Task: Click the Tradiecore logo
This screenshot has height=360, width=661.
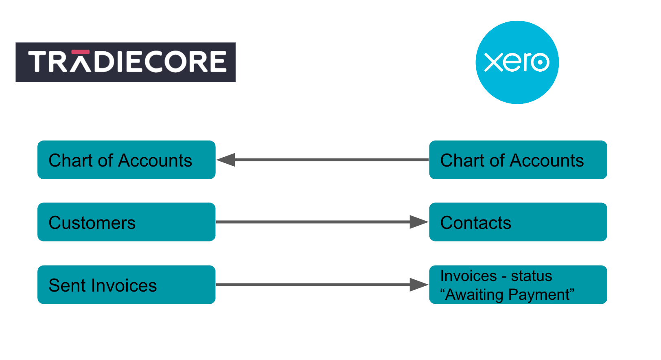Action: tap(125, 62)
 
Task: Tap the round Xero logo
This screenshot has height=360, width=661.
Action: tap(517, 62)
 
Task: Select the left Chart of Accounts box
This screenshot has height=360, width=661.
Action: tap(126, 160)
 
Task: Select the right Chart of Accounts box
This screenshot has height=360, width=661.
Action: tap(518, 160)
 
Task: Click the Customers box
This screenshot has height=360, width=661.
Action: tap(126, 222)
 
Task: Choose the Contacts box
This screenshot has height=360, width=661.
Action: tap(518, 222)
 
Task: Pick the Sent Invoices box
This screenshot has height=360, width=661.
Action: tap(126, 285)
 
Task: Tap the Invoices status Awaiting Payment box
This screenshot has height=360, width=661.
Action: tap(518, 285)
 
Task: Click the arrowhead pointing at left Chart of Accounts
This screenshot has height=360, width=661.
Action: tap(226, 160)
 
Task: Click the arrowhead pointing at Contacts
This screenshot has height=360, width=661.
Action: tap(418, 222)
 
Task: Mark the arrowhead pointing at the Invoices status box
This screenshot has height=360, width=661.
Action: tap(418, 285)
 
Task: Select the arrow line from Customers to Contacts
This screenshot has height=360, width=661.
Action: tap(313, 222)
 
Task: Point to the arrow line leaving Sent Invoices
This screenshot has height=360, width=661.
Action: tap(313, 285)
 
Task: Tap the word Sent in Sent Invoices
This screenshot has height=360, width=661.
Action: tap(67, 285)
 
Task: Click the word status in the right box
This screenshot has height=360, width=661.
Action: tap(531, 276)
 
